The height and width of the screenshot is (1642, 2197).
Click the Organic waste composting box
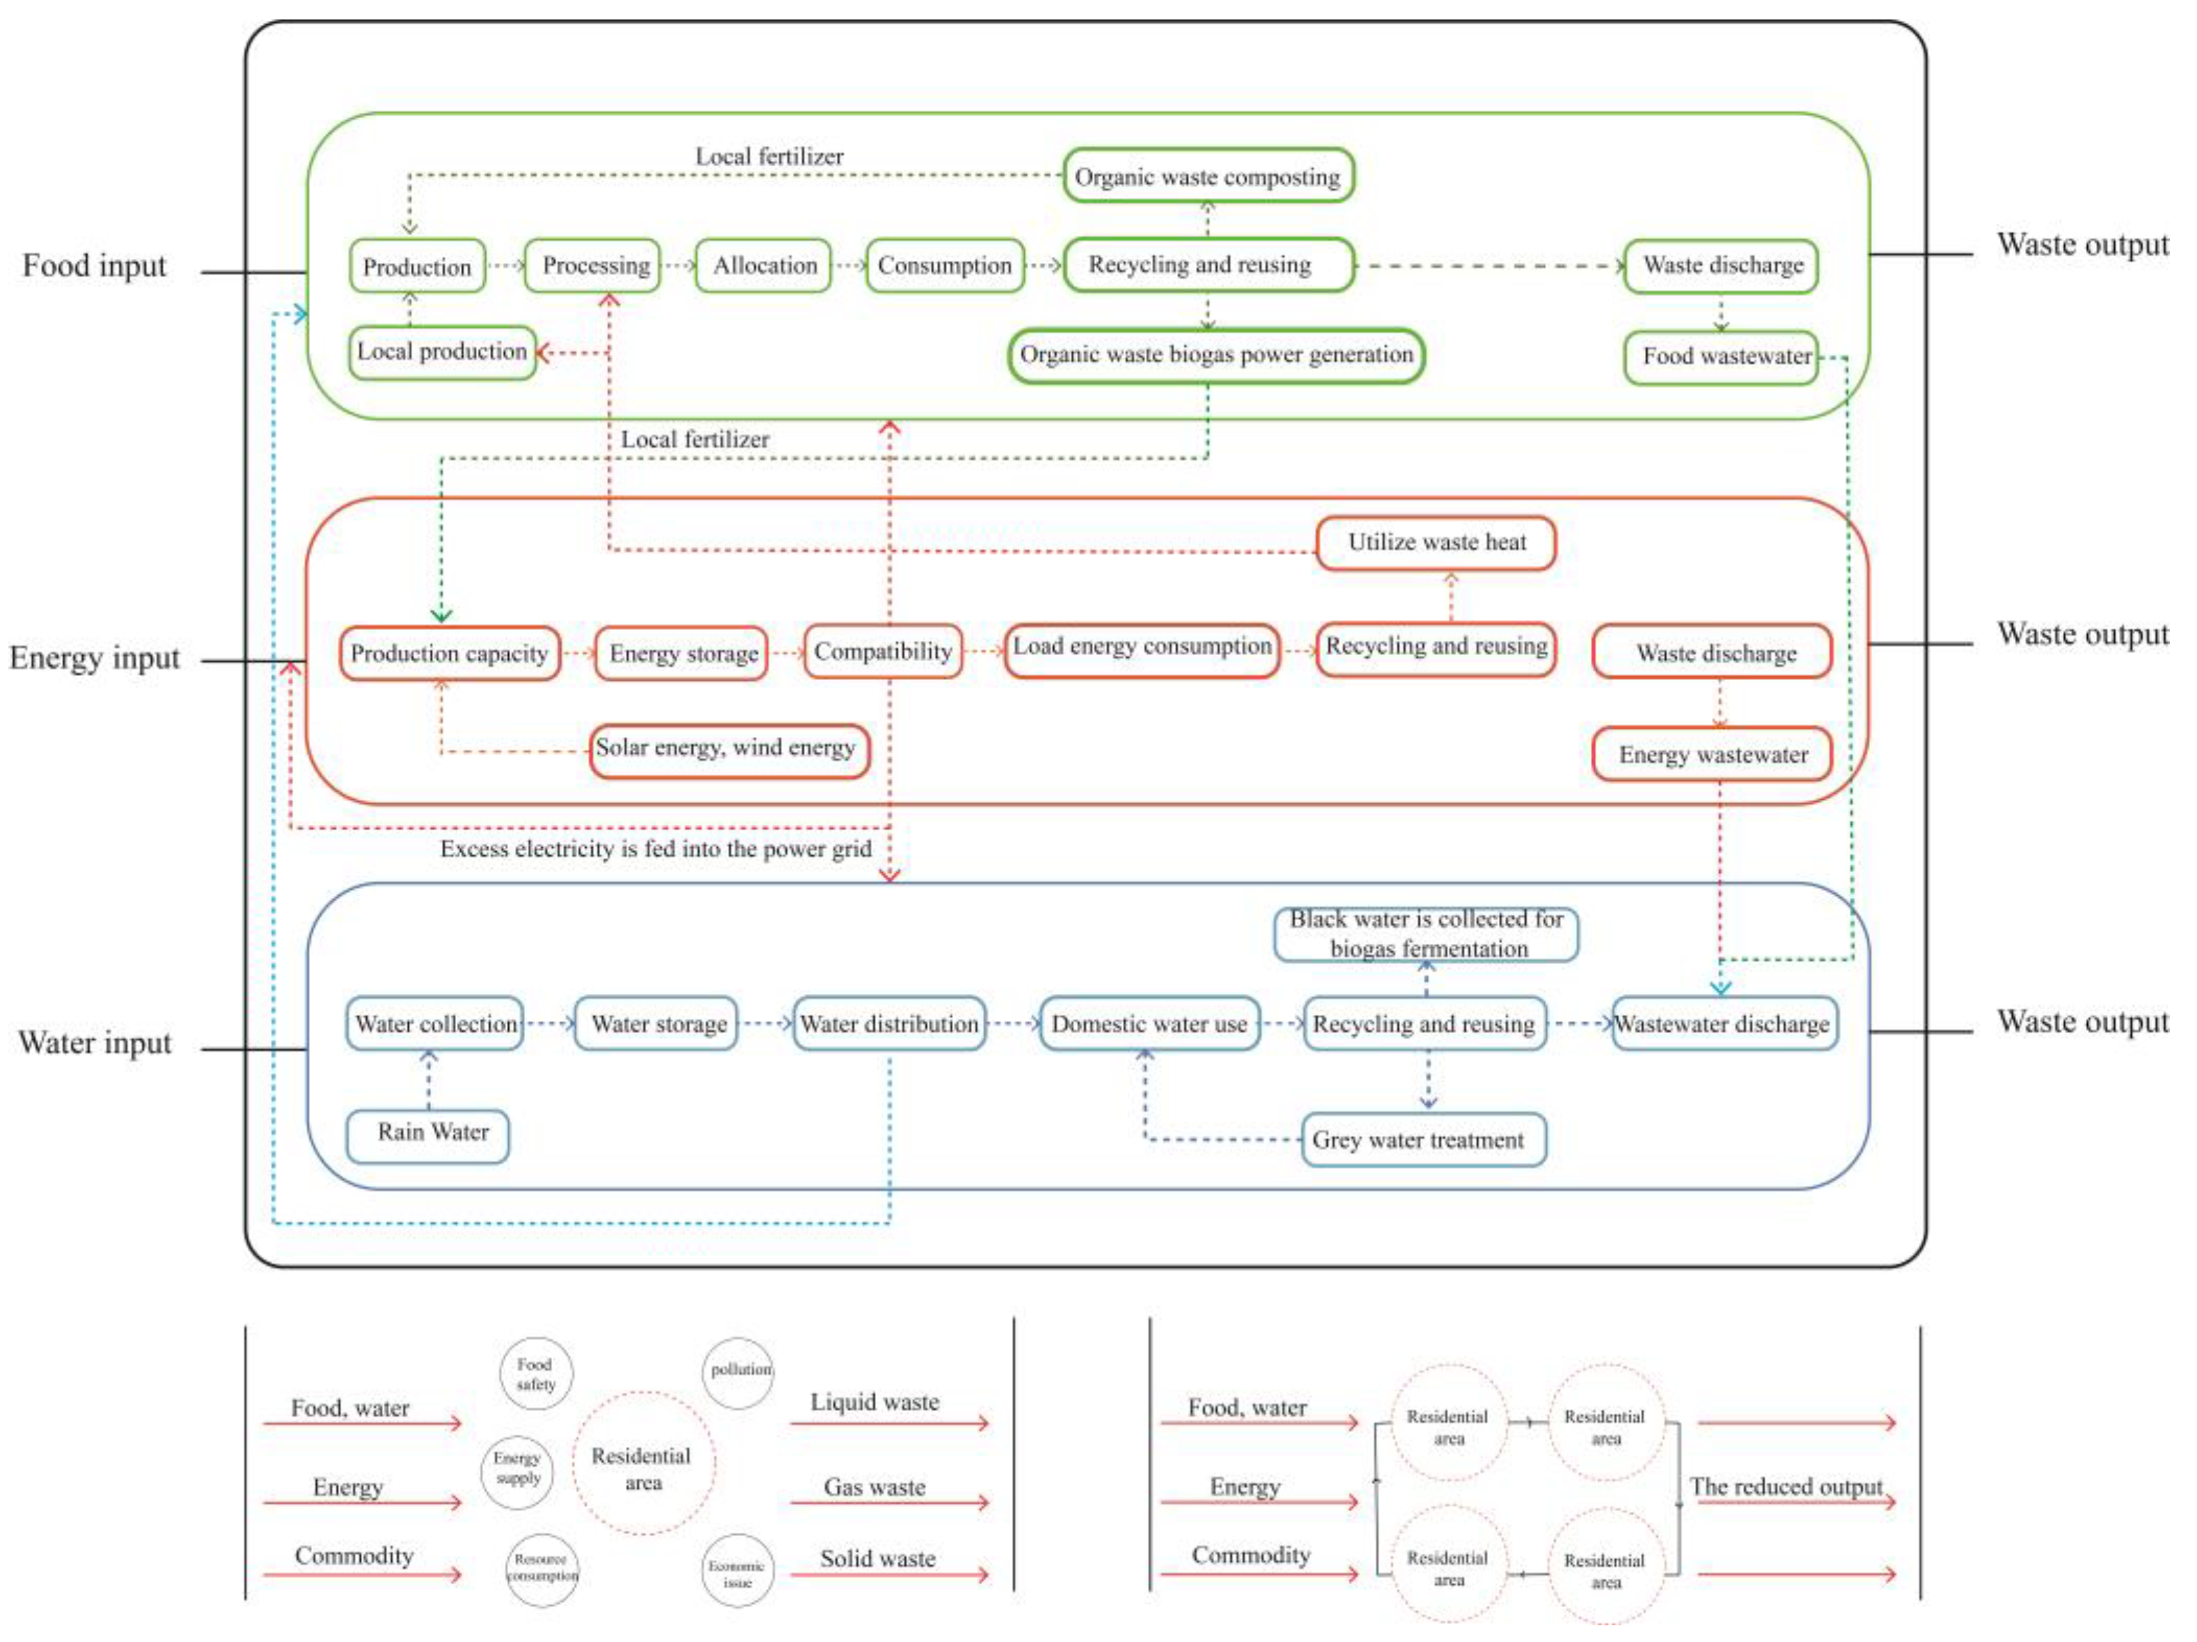click(1208, 177)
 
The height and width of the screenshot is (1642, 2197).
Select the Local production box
click(442, 352)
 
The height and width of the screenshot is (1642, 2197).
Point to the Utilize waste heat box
click(1436, 542)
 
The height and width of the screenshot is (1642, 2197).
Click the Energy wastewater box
click(1712, 755)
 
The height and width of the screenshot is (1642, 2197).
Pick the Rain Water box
click(429, 1134)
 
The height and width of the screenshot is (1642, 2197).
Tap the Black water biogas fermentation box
click(1426, 934)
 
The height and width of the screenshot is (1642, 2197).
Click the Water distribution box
click(890, 1024)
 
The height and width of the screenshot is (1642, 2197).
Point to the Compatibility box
click(883, 652)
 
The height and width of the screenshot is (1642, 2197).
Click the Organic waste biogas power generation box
click(1216, 355)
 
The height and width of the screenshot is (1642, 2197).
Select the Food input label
click(95, 266)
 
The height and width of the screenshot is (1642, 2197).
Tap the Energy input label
click(95, 658)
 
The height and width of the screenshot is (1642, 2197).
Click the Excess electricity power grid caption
click(656, 849)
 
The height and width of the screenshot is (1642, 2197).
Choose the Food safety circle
click(535, 1374)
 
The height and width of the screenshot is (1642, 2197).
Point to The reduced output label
click(1785, 1487)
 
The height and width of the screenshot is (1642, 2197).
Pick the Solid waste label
click(877, 1559)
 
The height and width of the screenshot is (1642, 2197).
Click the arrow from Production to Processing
click(505, 266)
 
